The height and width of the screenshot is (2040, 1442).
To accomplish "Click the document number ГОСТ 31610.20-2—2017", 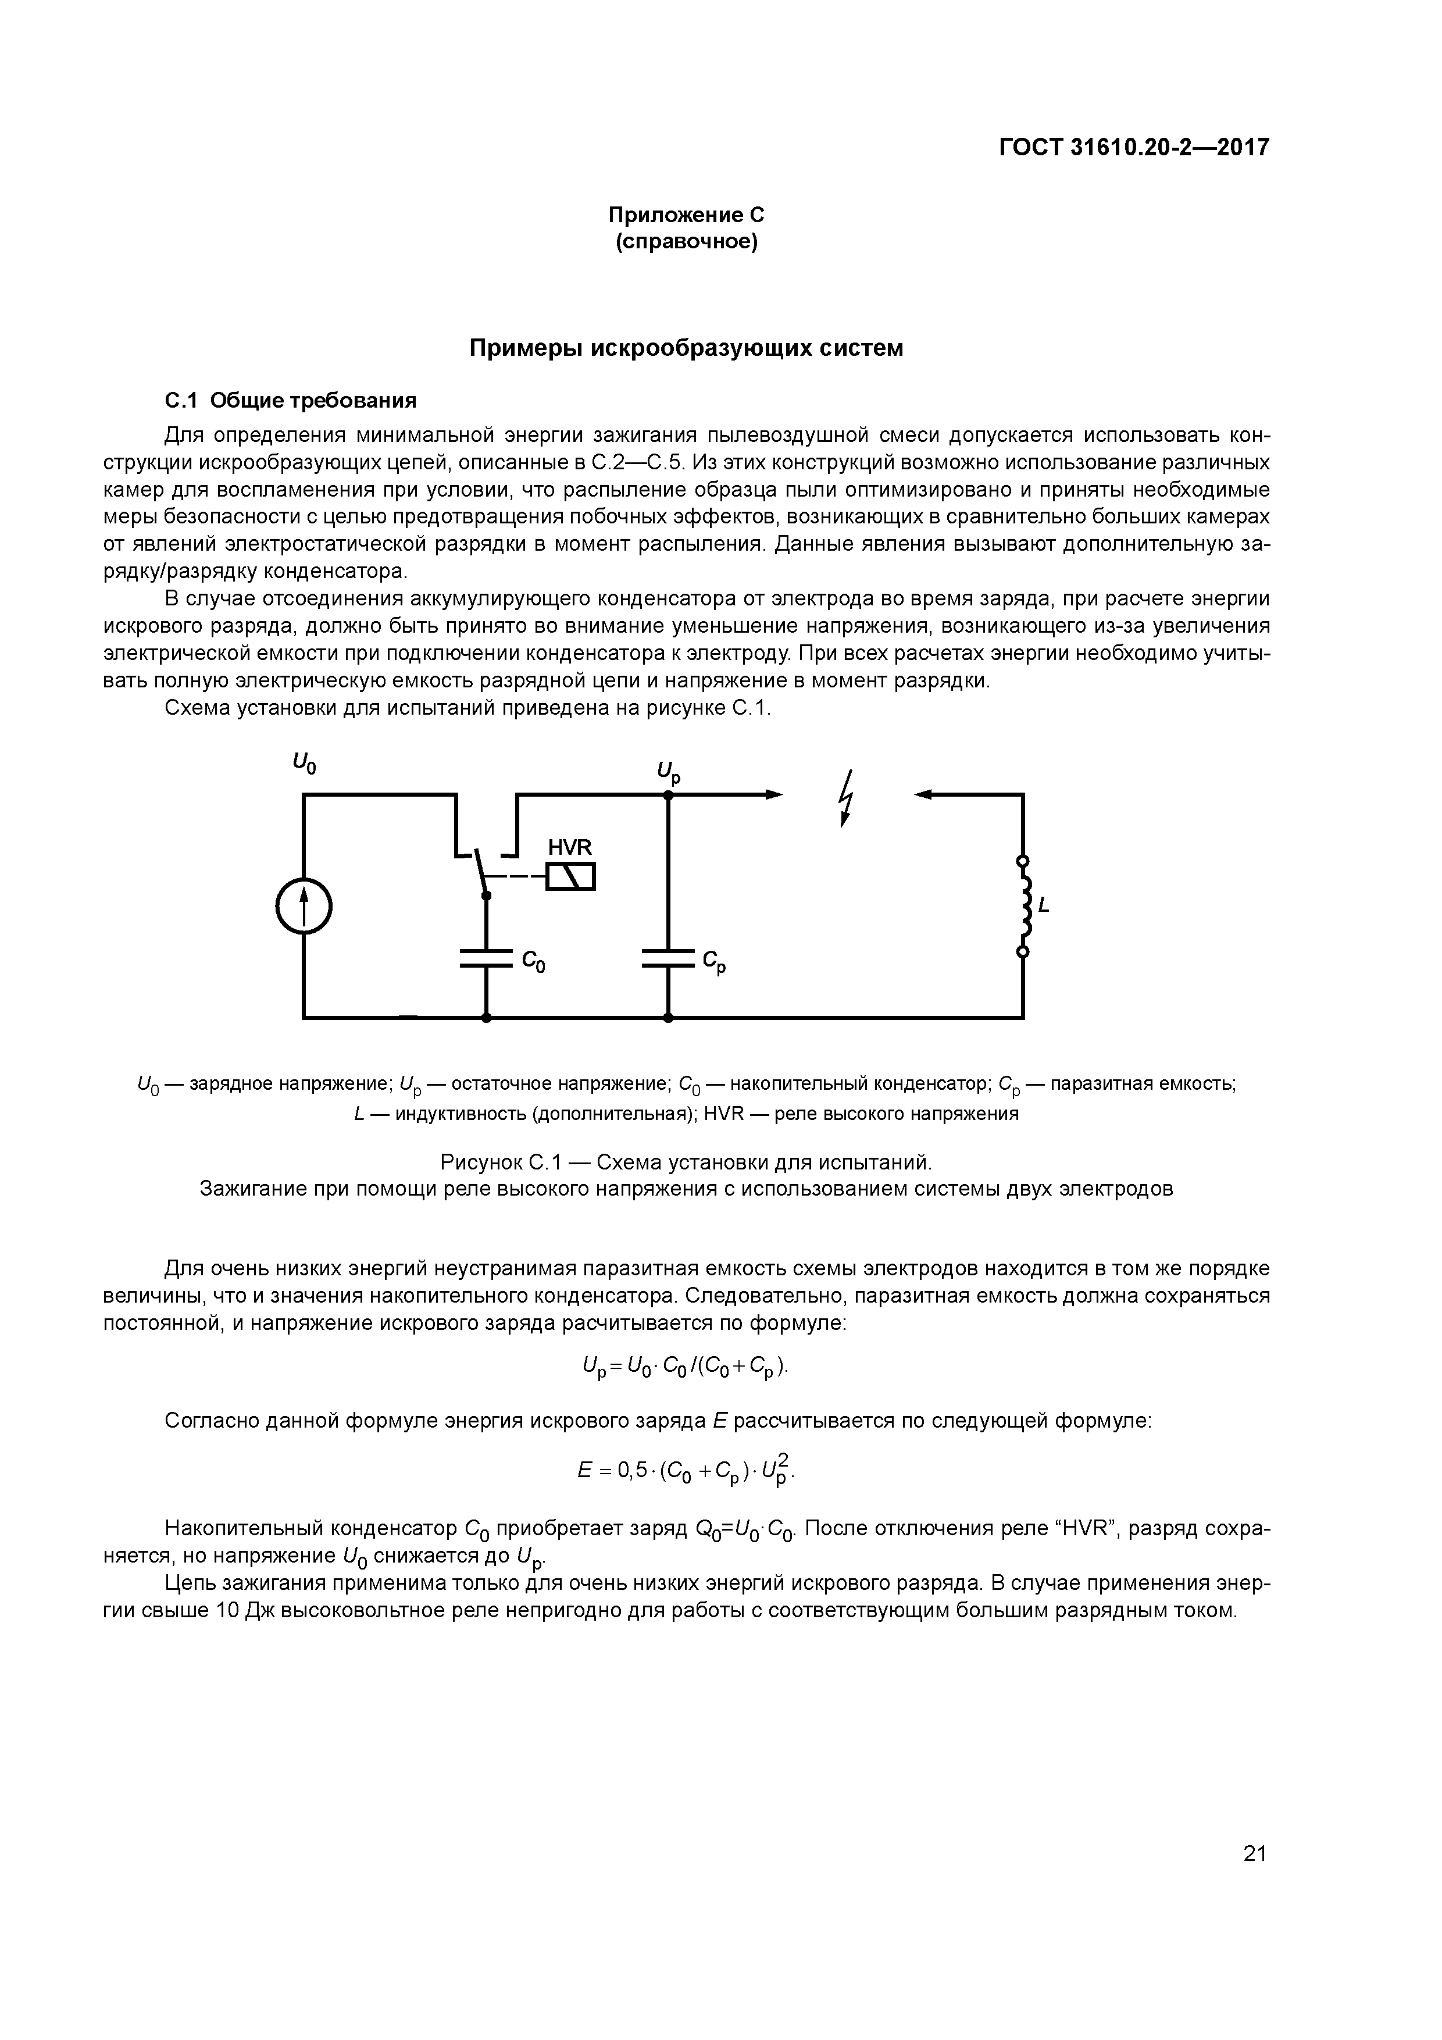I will coord(1134,147).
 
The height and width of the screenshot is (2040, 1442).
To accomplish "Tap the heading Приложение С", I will coord(686,215).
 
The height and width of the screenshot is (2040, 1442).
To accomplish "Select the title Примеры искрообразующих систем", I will coord(686,348).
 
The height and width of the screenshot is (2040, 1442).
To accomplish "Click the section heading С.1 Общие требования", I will coord(291,401).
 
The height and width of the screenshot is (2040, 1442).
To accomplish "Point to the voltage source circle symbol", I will coord(304,906).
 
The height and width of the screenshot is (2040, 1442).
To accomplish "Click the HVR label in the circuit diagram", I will coord(569,847).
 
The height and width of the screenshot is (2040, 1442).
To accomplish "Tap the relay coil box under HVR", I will coord(570,877).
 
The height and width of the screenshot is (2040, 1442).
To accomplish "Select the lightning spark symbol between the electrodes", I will coord(846,798).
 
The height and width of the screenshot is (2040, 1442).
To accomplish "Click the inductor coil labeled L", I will coord(1025,906).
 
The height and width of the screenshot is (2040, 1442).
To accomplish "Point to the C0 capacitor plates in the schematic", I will coord(486,959).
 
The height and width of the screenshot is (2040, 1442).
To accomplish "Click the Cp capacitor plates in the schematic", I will coord(668,959).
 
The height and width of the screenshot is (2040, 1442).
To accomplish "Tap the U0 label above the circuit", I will coord(304,762).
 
